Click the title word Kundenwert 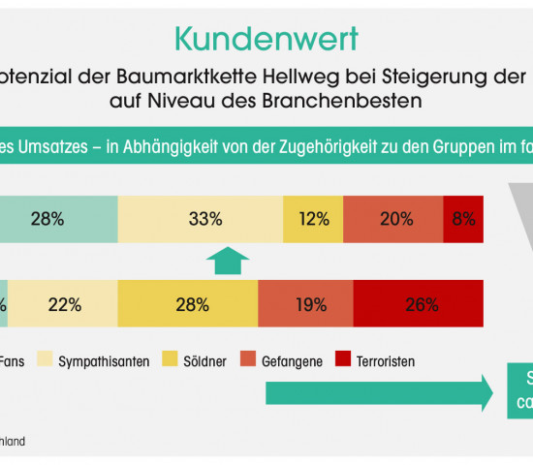click(x=266, y=38)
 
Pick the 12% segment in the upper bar click(x=313, y=219)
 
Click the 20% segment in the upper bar click(x=393, y=219)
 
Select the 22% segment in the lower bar click(x=63, y=304)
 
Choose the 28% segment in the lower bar click(x=187, y=304)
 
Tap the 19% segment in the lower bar click(x=305, y=304)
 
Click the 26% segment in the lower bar click(x=419, y=304)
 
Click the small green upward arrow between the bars click(x=228, y=261)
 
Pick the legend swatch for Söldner click(x=172, y=361)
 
